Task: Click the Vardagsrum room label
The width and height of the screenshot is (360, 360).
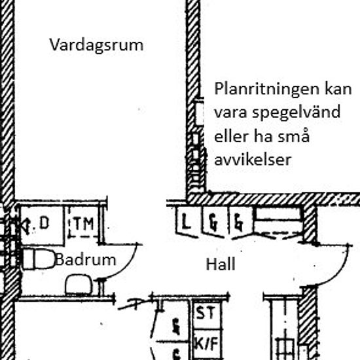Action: pyautogui.click(x=96, y=45)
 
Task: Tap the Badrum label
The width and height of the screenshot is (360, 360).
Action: pyautogui.click(x=86, y=259)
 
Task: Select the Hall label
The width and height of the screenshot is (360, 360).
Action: pyautogui.click(x=221, y=264)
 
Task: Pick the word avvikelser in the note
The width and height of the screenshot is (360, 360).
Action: pyautogui.click(x=252, y=160)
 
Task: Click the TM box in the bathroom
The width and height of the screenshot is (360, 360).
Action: pyautogui.click(x=84, y=224)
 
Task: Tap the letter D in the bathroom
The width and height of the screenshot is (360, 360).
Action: pyautogui.click(x=44, y=223)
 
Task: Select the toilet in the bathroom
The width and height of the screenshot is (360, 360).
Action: pyautogui.click(x=39, y=259)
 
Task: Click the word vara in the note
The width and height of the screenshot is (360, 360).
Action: pyautogui.click(x=228, y=113)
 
